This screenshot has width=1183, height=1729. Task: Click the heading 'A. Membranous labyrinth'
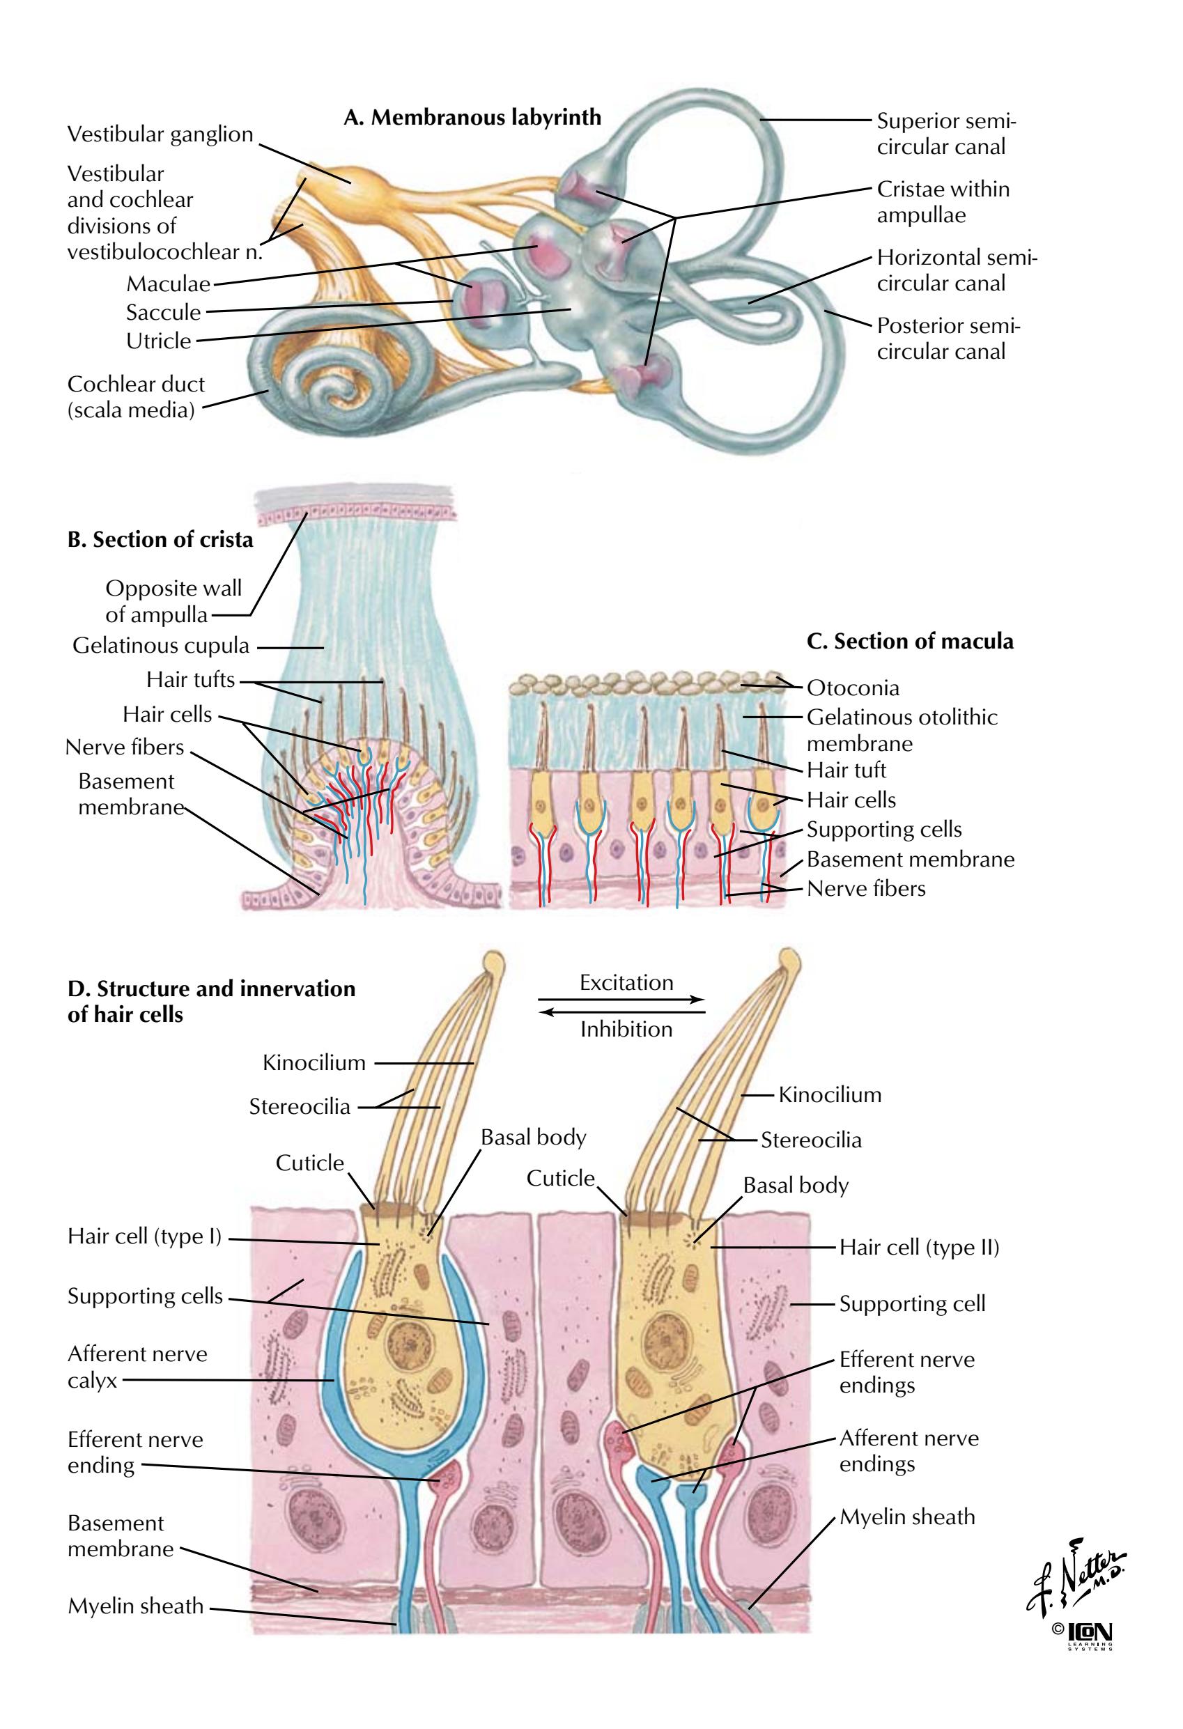click(472, 118)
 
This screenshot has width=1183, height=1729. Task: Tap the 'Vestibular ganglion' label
click(160, 134)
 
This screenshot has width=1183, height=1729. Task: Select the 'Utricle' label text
click(158, 341)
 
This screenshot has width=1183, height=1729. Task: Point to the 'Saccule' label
click(163, 313)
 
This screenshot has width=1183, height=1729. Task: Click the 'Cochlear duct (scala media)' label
click(135, 396)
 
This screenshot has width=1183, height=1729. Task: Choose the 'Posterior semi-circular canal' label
click(948, 339)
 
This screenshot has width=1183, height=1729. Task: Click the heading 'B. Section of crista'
click(160, 539)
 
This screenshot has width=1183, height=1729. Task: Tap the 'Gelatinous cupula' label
click(161, 645)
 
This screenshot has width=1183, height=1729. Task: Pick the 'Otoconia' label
click(853, 688)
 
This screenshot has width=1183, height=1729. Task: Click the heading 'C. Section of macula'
click(909, 642)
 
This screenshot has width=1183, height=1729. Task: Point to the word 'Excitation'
click(626, 982)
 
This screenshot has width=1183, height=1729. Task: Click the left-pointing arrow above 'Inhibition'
click(621, 1011)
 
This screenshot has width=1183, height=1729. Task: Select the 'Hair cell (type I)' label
click(144, 1236)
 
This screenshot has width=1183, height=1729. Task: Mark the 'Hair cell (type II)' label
click(919, 1247)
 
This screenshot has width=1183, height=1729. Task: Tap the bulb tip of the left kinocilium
click(493, 963)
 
